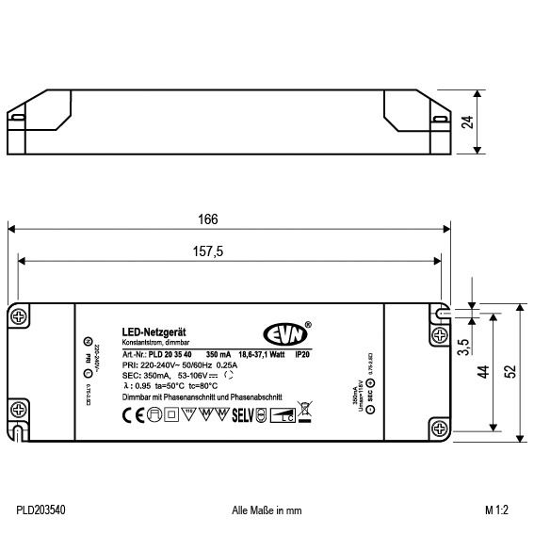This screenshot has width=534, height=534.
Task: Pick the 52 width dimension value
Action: tap(511, 371)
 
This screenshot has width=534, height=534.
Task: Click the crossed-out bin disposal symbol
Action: tap(305, 411)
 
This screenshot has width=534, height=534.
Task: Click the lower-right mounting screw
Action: tap(440, 425)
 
